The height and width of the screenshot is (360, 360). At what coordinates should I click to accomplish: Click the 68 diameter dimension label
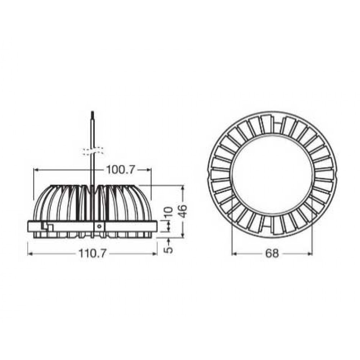click(x=272, y=253)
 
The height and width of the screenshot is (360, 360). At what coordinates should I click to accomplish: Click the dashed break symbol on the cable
click(x=93, y=151)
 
